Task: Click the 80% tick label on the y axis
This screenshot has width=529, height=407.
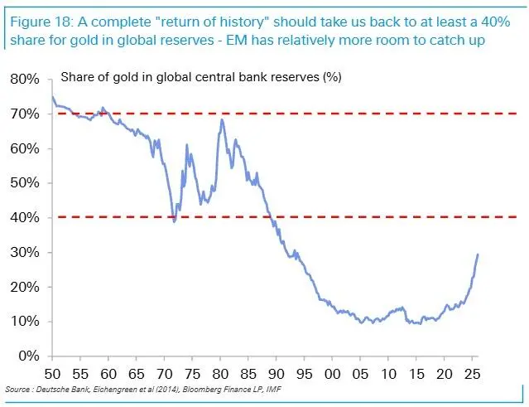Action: pos(25,80)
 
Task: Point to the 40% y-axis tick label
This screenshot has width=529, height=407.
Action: pos(25,217)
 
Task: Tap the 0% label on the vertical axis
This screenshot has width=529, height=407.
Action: pos(29,356)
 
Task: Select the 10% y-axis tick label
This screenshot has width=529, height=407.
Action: pos(25,322)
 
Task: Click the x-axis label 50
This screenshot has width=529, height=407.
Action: pos(52,374)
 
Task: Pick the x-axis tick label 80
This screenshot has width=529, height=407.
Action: pos(220,374)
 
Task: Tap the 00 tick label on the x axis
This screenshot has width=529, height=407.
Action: pos(332,374)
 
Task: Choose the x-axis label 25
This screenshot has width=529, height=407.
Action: pos(472,374)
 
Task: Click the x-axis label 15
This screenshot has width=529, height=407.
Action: pos(416,374)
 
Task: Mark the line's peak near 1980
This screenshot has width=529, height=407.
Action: pos(222,119)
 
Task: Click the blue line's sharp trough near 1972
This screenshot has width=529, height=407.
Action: pos(174,221)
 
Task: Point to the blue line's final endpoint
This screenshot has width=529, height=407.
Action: pos(478,254)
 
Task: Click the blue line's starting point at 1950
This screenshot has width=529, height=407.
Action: pos(52,97)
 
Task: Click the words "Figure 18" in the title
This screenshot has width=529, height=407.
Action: pos(41,22)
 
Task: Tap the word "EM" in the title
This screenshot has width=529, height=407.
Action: pos(237,40)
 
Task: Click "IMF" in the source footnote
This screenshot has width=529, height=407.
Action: pos(274,389)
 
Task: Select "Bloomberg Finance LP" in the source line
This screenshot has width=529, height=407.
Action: pos(223,389)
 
